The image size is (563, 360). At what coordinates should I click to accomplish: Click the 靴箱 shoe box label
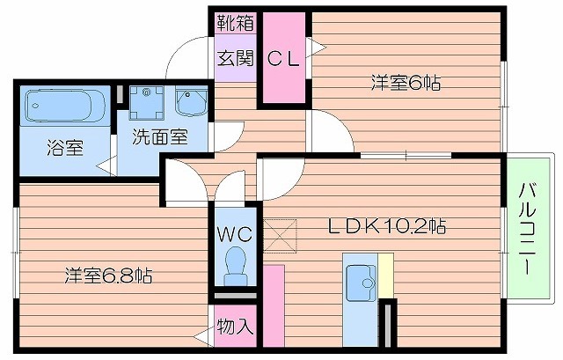tap(236, 23)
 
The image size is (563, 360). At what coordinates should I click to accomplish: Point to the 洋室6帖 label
tap(406, 84)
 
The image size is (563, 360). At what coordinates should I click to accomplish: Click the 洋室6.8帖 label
tap(108, 276)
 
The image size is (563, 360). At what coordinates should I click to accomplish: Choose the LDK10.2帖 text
tap(387, 226)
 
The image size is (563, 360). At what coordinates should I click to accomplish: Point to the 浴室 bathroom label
tap(65, 146)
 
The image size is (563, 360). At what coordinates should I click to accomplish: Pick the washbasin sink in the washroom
tap(189, 104)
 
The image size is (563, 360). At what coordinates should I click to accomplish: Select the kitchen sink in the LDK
tap(360, 283)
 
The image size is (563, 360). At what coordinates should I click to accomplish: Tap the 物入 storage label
tap(235, 327)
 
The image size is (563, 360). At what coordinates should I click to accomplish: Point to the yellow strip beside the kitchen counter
tap(384, 276)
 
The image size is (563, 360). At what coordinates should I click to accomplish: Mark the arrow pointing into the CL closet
tap(314, 42)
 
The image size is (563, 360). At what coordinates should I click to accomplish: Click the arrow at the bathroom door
tap(104, 163)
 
